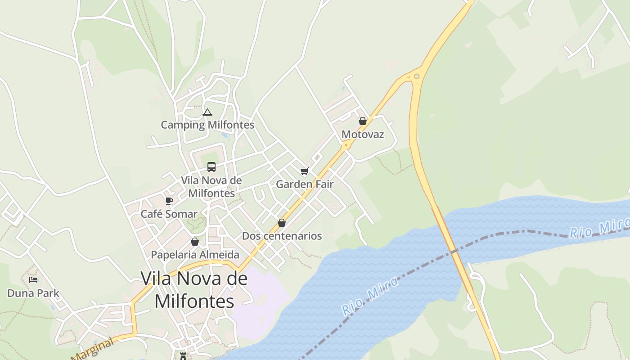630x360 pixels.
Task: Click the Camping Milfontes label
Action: point(207,125)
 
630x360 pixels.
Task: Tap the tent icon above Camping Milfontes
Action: point(207,112)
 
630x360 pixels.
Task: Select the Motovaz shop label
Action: point(363,134)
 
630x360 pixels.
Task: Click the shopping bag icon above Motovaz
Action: point(363,121)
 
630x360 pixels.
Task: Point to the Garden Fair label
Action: point(305,184)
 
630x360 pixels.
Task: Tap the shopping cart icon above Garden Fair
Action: point(305,171)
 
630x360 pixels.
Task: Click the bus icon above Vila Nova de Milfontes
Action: point(211,167)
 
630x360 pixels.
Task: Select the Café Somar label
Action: point(169,214)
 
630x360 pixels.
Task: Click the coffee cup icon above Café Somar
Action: point(169,201)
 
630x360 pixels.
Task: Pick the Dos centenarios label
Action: point(282,236)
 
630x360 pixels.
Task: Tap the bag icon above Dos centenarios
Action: point(282,223)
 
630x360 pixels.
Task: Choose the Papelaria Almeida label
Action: point(195,255)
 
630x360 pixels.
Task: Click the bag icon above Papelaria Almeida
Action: point(195,242)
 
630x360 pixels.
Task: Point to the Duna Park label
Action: point(33,293)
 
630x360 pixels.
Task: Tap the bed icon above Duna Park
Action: point(33,280)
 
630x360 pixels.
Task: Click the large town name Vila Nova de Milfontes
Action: point(194,290)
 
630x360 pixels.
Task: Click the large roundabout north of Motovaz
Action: point(417,76)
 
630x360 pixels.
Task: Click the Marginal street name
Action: point(92,350)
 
